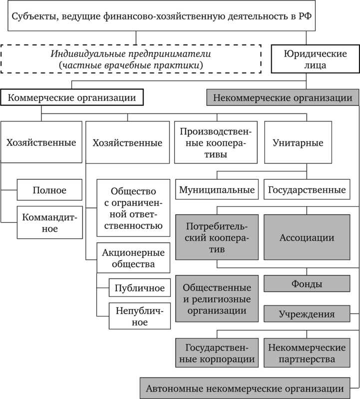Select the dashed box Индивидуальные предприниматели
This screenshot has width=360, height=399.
pyautogui.click(x=131, y=58)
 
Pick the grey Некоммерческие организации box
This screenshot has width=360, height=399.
pyautogui.click(x=282, y=97)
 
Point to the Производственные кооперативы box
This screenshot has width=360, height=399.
pyautogui.click(x=216, y=142)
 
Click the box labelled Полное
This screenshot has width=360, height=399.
pyautogui.click(x=49, y=190)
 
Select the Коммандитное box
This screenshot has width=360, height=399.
pyautogui.click(x=49, y=222)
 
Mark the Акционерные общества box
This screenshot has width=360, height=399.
pyautogui.click(x=133, y=258)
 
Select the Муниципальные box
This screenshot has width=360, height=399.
pyautogui.click(x=217, y=190)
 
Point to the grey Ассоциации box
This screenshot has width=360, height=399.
pyautogui.click(x=307, y=237)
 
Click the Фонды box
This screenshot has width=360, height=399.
pyautogui.click(x=307, y=284)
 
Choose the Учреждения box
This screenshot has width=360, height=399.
pyautogui.click(x=307, y=314)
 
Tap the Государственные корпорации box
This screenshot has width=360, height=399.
pyautogui.click(x=217, y=353)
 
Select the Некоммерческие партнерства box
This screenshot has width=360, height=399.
pyautogui.click(x=307, y=353)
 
